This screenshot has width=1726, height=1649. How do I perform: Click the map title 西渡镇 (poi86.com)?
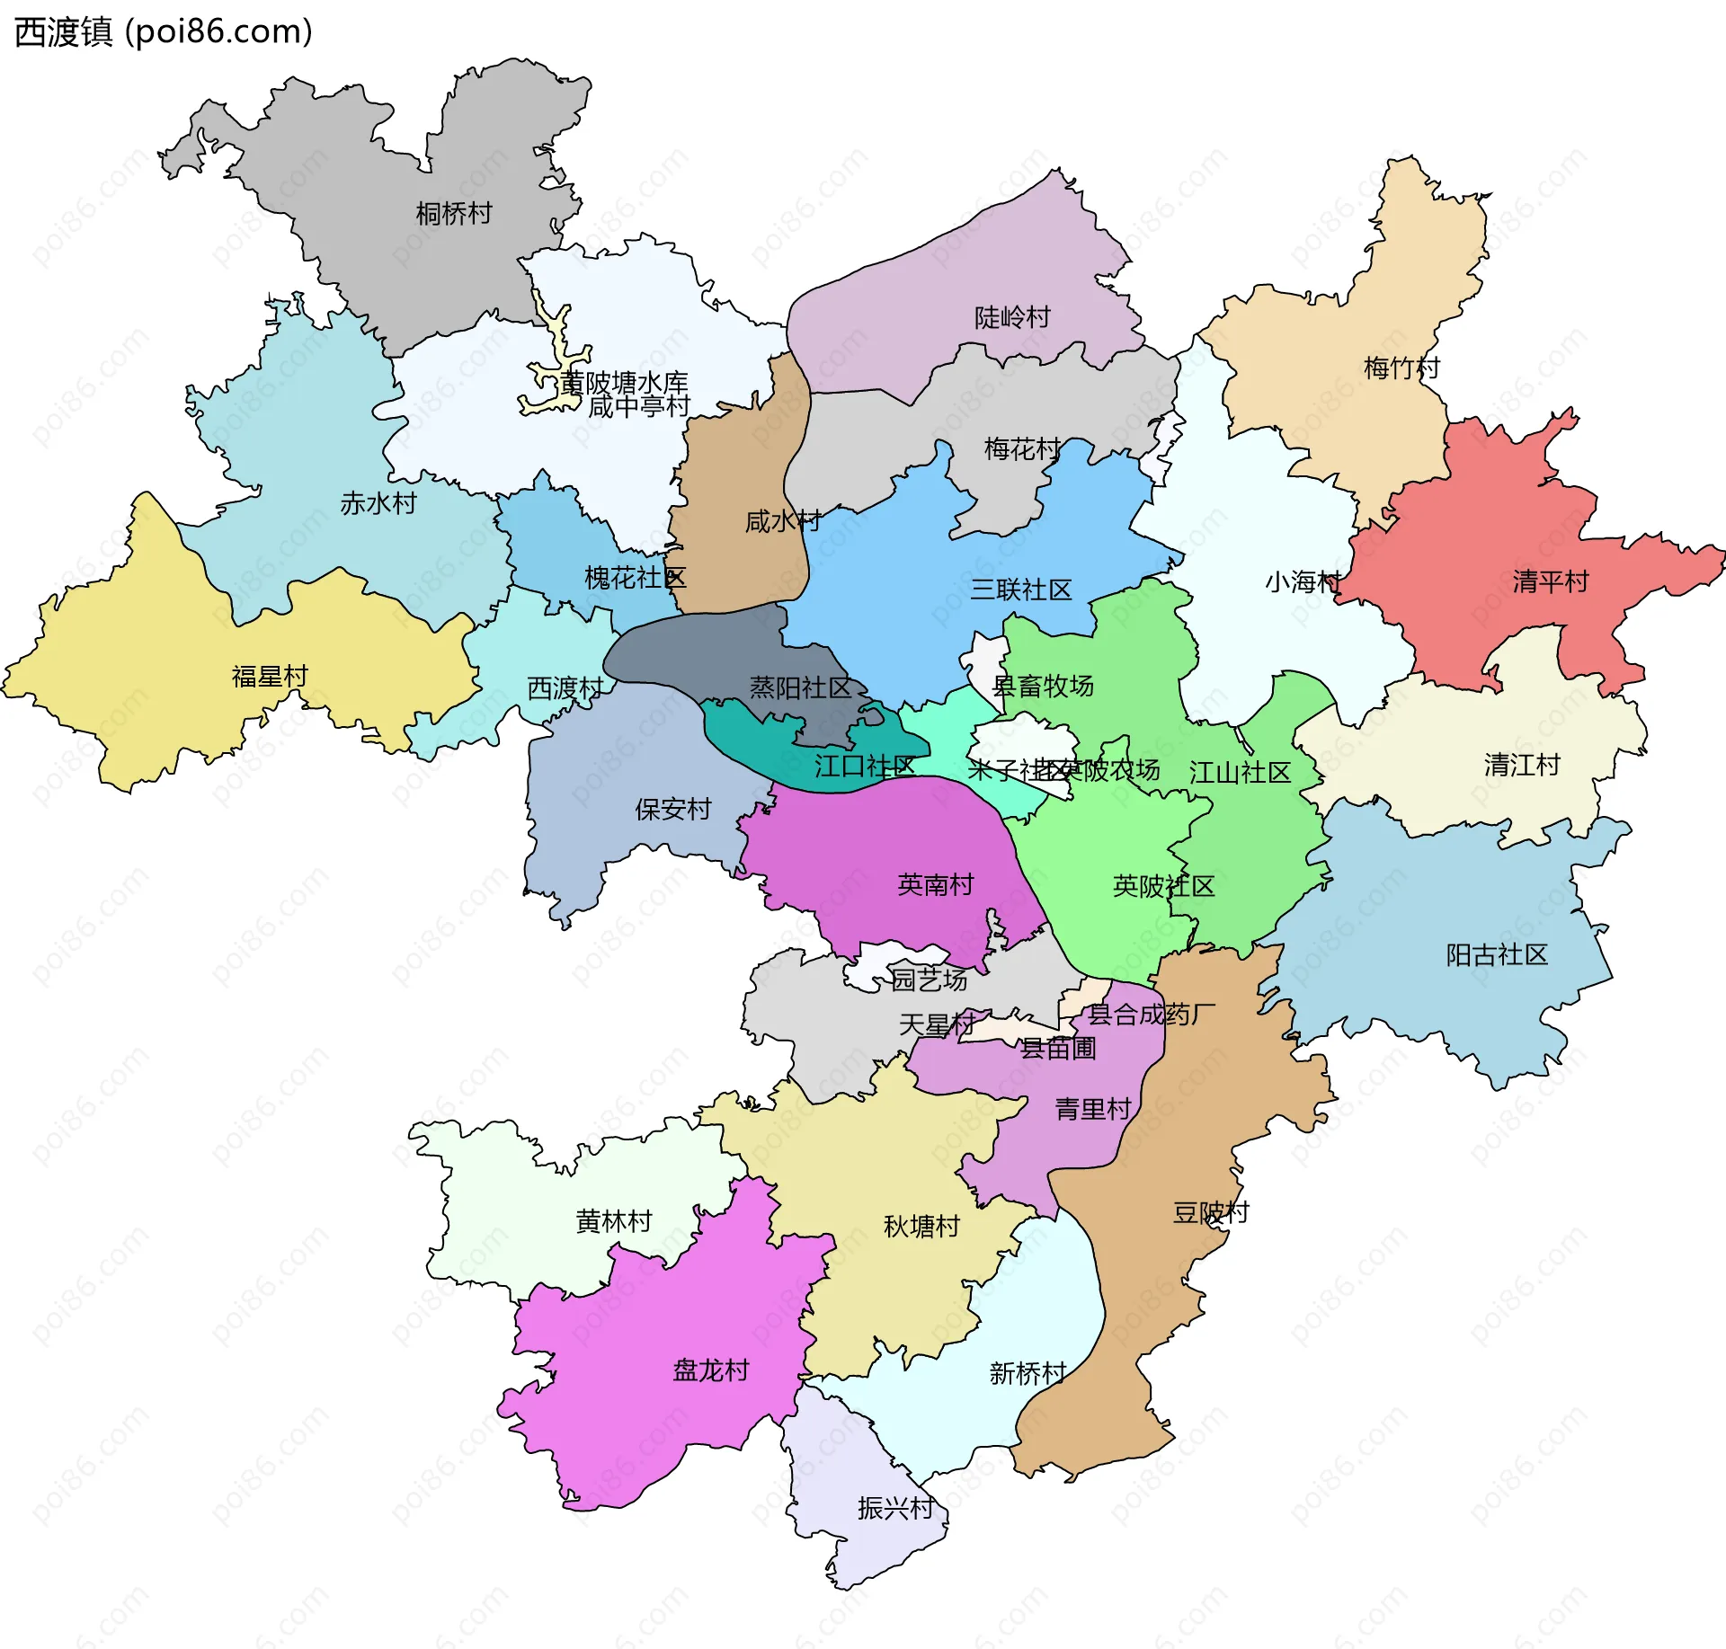click(164, 32)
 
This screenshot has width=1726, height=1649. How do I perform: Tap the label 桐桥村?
click(454, 214)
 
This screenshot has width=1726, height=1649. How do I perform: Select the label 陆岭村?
click(1012, 317)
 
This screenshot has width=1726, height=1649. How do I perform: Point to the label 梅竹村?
click(1401, 368)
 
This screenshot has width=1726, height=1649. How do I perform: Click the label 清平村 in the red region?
click(1550, 581)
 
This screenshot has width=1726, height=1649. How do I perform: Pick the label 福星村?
click(270, 676)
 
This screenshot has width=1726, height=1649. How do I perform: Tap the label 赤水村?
click(378, 503)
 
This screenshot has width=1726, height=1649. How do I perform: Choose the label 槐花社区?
click(635, 578)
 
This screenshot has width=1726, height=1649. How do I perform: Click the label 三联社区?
click(1020, 590)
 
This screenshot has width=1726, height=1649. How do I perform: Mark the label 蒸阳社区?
click(799, 688)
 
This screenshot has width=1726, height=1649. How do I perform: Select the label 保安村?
click(672, 810)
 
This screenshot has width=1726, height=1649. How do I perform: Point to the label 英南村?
click(935, 885)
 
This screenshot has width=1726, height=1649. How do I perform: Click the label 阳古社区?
click(1496, 955)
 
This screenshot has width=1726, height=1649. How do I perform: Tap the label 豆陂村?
click(1210, 1213)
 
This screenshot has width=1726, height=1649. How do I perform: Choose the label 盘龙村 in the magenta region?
click(710, 1370)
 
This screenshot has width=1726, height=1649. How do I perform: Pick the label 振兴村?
click(895, 1508)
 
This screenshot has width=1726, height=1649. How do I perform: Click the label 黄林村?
click(613, 1222)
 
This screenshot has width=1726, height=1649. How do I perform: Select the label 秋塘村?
click(921, 1227)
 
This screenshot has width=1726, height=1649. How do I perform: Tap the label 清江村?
click(1521, 766)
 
